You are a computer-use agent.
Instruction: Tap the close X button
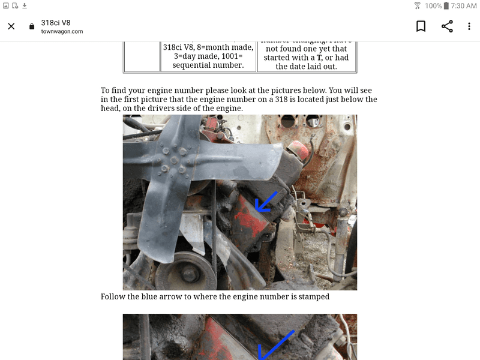tap(11, 26)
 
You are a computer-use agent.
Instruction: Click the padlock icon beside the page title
tap(32, 26)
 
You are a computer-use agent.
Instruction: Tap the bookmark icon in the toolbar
tap(421, 26)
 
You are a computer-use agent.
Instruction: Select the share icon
tap(447, 26)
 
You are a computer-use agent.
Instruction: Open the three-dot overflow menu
tap(469, 26)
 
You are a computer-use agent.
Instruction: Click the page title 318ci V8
tap(56, 22)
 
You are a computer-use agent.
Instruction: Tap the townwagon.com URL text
tap(62, 32)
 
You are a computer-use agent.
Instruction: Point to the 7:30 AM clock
tap(464, 5)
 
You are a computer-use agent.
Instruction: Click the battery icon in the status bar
tap(446, 5)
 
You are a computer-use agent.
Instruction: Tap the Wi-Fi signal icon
tap(417, 5)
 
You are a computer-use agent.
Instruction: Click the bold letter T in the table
tap(319, 58)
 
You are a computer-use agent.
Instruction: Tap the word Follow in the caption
tap(113, 296)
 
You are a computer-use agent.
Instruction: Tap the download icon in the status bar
tap(25, 5)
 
